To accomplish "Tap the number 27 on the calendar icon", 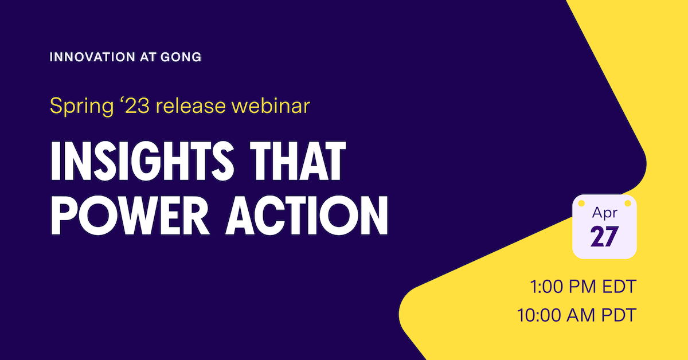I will [x=604, y=237].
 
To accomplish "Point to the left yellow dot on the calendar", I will [x=582, y=204].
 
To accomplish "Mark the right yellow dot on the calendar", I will [x=627, y=204].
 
